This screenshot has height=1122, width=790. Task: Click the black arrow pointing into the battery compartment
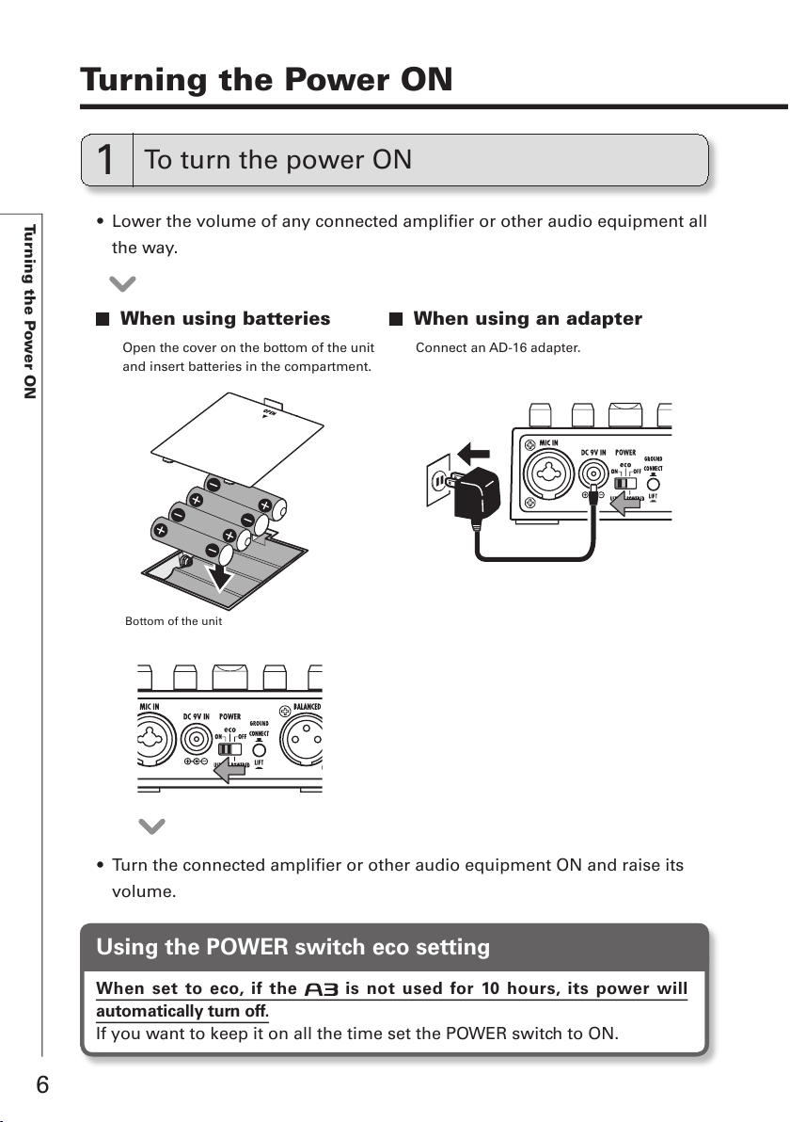(223, 570)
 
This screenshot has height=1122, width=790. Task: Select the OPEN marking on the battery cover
(270, 412)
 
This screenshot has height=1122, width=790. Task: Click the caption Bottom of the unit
(174, 621)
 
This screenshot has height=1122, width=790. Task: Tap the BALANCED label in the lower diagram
(306, 706)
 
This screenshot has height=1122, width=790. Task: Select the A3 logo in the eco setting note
(322, 990)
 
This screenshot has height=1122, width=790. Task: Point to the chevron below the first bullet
(123, 283)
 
